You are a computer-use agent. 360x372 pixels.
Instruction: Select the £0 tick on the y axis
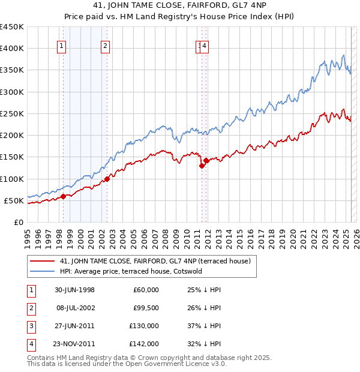pyautogui.click(x=19, y=222)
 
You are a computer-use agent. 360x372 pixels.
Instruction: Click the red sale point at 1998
pyautogui.click(x=63, y=196)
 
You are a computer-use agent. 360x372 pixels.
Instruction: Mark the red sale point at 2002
pyautogui.click(x=106, y=179)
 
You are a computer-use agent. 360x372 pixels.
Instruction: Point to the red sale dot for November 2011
pyautogui.click(x=206, y=160)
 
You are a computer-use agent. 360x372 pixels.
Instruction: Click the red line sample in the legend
pyautogui.click(x=42, y=261)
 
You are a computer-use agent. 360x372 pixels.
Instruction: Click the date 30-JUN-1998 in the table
pyautogui.click(x=74, y=290)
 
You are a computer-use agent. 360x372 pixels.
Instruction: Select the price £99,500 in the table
pyautogui.click(x=144, y=308)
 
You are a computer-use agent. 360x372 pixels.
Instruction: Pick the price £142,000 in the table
pyautogui.click(x=144, y=344)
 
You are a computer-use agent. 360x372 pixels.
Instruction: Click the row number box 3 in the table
pyautogui.click(x=31, y=326)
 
